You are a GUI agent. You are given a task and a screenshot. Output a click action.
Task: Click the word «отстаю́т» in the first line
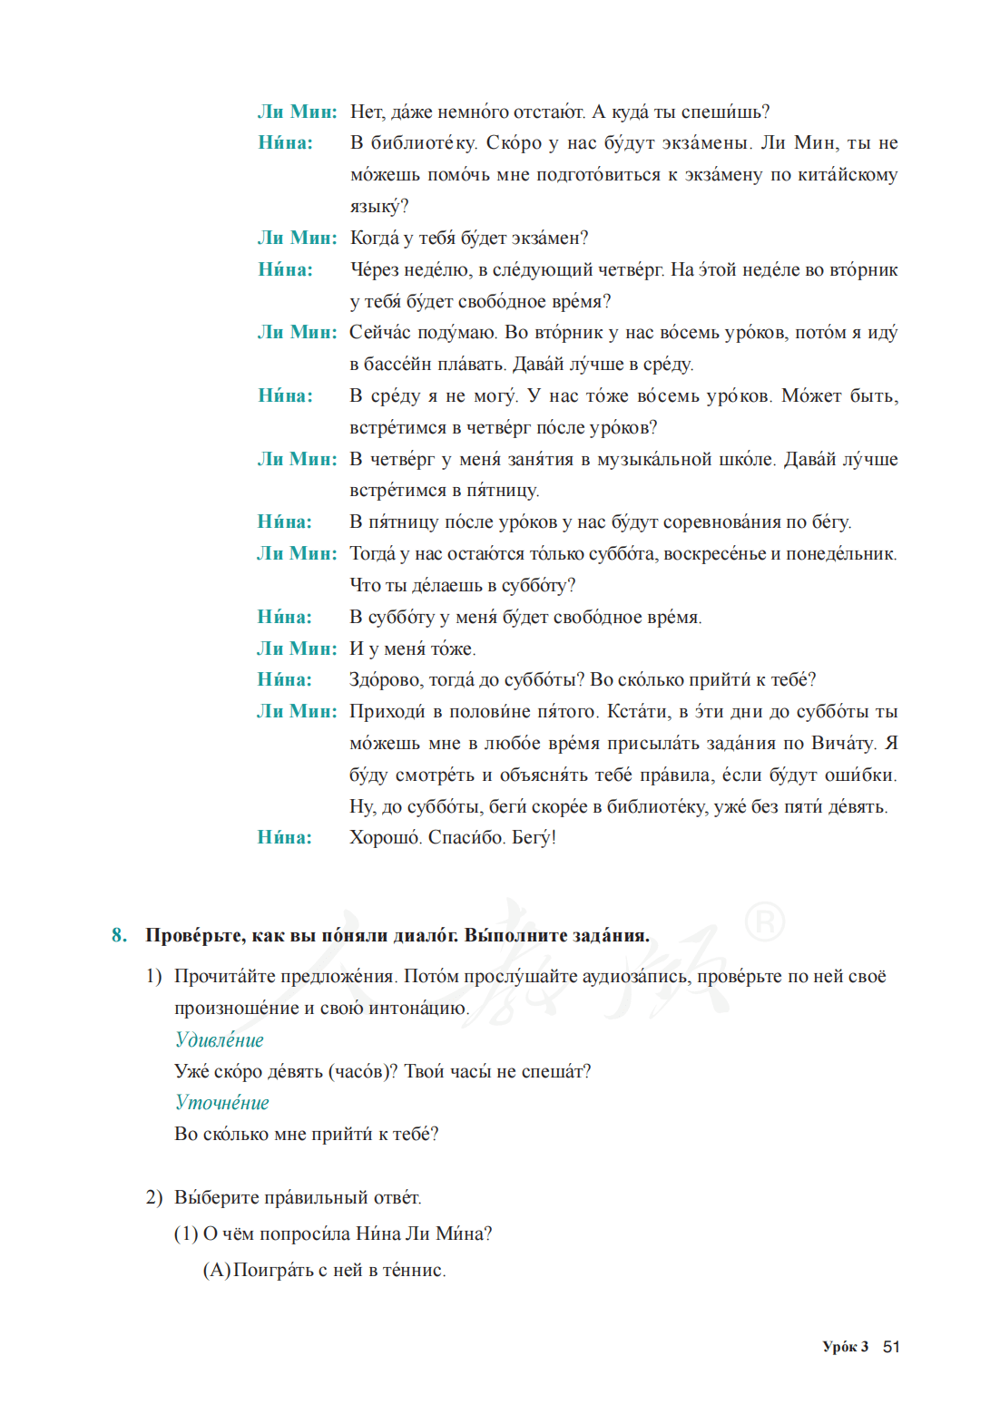pyautogui.click(x=549, y=112)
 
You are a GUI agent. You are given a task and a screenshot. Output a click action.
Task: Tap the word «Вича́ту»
pyautogui.click(x=843, y=743)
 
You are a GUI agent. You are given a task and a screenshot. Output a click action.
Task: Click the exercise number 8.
pyautogui.click(x=119, y=935)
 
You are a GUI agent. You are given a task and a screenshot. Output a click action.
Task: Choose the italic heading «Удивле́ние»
pyautogui.click(x=219, y=1039)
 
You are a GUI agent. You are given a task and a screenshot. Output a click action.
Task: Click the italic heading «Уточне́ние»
pyautogui.click(x=221, y=1102)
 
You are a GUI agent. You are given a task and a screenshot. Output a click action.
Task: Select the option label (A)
pyautogui.click(x=216, y=1270)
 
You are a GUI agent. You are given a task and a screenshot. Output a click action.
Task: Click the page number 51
pyautogui.click(x=891, y=1346)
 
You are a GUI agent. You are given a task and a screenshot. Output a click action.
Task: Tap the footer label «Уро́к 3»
pyautogui.click(x=845, y=1346)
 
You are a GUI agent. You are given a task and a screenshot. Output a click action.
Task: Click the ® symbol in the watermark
pyautogui.click(x=764, y=922)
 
